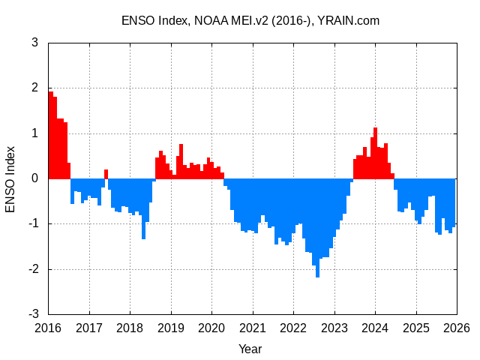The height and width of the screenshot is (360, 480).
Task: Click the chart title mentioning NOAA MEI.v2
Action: (x=250, y=20)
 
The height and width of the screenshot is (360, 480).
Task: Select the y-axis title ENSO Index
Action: (x=10, y=178)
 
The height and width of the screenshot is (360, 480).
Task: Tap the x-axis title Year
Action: (x=250, y=349)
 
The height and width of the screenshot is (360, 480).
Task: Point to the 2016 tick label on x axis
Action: (x=48, y=328)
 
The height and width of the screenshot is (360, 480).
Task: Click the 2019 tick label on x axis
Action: (x=171, y=328)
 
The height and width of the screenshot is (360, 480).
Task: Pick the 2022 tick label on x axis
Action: (x=293, y=328)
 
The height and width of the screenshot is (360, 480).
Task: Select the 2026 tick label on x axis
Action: (x=457, y=328)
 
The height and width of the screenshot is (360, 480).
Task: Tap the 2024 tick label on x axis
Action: (x=375, y=328)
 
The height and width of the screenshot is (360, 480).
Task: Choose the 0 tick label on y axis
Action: (x=35, y=178)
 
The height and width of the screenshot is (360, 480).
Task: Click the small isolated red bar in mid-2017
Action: (x=106, y=174)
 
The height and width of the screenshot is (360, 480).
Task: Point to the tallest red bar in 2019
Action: (x=181, y=161)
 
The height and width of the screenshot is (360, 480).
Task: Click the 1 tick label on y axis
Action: (x=35, y=133)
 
